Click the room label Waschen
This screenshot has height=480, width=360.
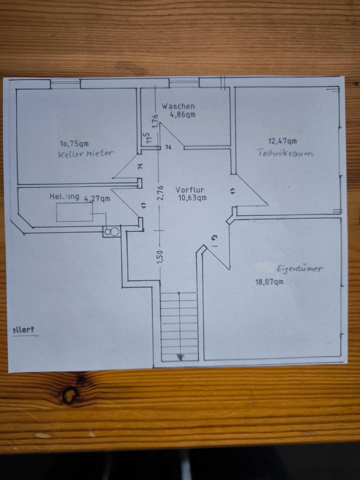point(178,106)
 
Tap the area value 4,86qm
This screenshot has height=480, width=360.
point(182,114)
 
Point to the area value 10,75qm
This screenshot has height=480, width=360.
point(74,143)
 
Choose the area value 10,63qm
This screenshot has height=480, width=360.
point(192,197)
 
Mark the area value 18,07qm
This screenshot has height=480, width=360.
point(270,281)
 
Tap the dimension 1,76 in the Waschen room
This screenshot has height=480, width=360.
point(155,120)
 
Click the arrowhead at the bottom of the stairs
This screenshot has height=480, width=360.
point(179,356)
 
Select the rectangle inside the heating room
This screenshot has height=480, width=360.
point(74,212)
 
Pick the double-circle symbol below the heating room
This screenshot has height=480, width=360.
point(111,231)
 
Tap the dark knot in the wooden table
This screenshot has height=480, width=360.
point(69,395)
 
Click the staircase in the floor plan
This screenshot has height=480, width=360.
point(179,325)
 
